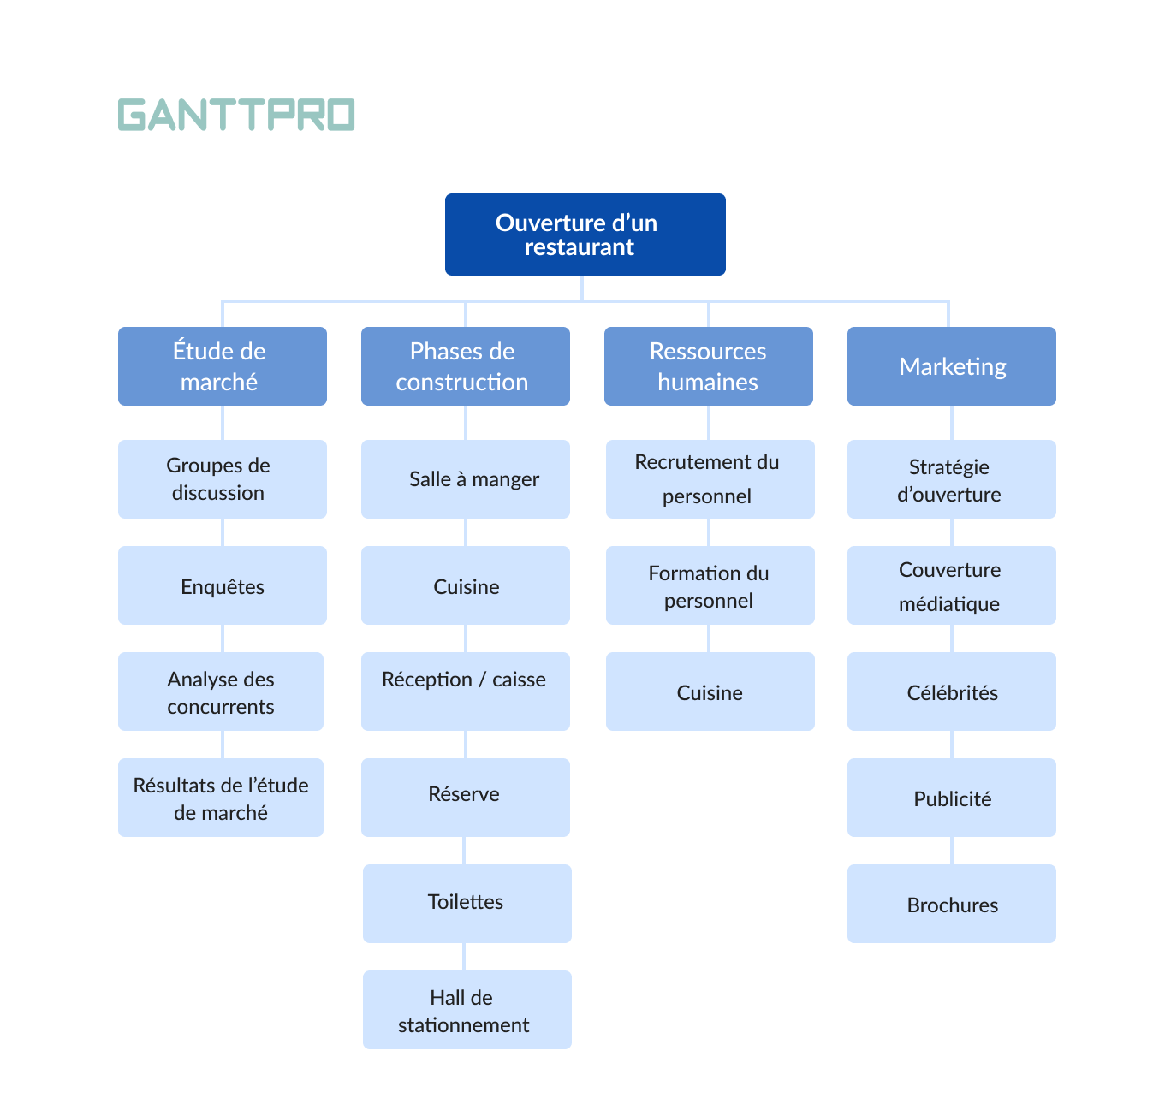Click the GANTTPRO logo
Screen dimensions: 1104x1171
(x=236, y=115)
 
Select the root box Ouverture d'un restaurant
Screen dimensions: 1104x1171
(x=585, y=234)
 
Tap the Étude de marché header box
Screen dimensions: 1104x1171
(x=222, y=366)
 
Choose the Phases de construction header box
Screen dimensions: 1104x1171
(x=465, y=366)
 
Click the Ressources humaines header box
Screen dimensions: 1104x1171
(x=708, y=366)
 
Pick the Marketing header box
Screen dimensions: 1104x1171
(x=951, y=366)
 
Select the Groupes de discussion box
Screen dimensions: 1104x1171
(x=222, y=479)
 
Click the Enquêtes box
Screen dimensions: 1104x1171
(x=222, y=585)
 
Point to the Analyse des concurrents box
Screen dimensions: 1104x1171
(x=220, y=691)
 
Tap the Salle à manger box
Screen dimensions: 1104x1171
(x=465, y=479)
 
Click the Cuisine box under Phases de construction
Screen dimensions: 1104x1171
(x=465, y=585)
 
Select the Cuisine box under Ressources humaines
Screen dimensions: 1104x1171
(x=710, y=691)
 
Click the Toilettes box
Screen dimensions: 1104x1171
(x=467, y=904)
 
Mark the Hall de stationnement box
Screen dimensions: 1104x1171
(x=467, y=1010)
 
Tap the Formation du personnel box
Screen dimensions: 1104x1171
(x=710, y=585)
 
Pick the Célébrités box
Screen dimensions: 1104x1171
(x=951, y=691)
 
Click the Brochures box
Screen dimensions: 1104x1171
(x=951, y=904)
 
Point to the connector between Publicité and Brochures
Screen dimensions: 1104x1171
(x=952, y=851)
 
